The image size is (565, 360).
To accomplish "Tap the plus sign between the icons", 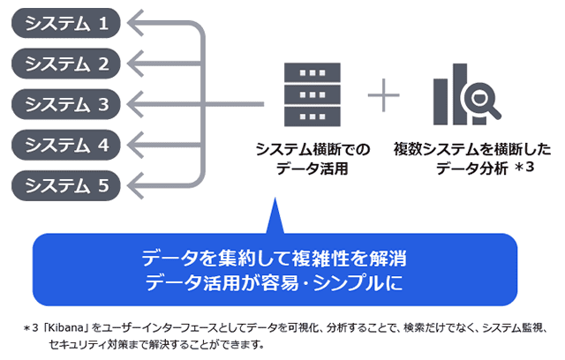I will pyautogui.click(x=383, y=95).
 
